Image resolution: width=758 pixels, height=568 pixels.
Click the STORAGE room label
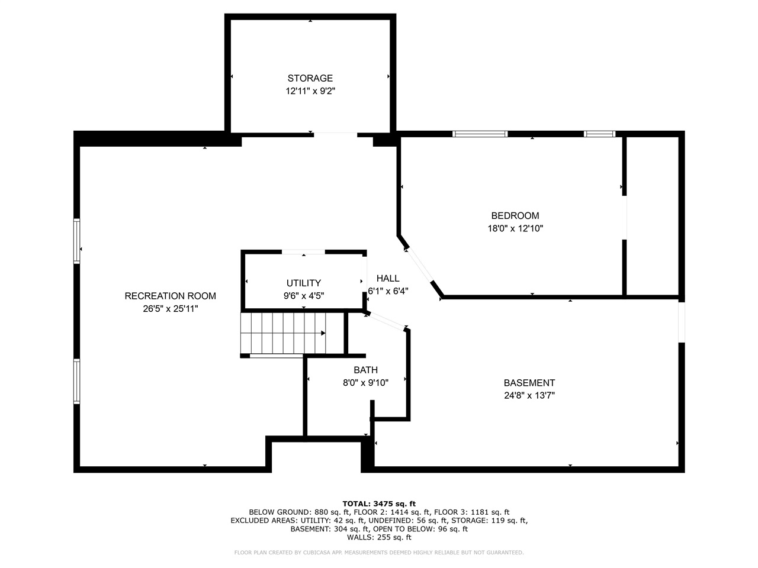[310, 78]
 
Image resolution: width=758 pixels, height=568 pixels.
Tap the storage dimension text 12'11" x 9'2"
[310, 91]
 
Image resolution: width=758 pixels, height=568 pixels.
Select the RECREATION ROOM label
[170, 296]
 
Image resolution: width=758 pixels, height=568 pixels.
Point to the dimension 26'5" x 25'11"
[170, 309]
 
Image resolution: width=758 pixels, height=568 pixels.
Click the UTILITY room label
[303, 283]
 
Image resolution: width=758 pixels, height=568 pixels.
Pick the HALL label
[388, 278]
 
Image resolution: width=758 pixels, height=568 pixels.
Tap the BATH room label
[365, 370]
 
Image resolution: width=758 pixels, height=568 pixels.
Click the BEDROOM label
[515, 216]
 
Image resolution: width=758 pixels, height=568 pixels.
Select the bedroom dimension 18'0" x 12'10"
[515, 228]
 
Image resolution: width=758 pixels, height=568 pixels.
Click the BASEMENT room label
[529, 383]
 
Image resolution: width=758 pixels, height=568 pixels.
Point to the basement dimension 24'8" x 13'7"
[529, 396]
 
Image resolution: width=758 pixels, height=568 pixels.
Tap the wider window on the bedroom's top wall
[480, 134]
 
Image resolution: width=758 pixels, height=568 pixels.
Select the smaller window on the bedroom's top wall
[599, 134]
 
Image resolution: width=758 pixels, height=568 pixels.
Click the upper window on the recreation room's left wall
[77, 241]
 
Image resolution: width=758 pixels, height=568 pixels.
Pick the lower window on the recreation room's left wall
[77, 381]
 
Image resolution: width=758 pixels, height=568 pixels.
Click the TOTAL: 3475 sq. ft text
[379, 504]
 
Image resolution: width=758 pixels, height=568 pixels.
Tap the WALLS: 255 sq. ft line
[379, 537]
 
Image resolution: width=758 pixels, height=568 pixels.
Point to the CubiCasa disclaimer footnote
[379, 553]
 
